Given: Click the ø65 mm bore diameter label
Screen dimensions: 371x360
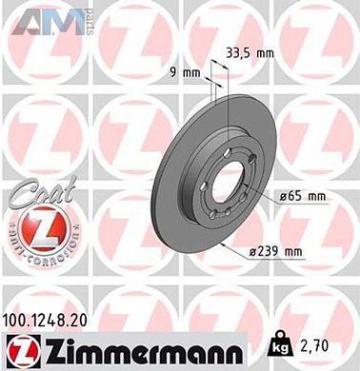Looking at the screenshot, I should [x=303, y=197].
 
